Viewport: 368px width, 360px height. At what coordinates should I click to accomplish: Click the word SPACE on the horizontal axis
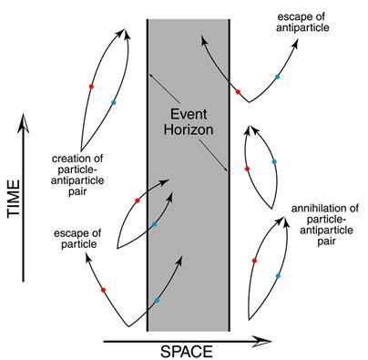click(188, 351)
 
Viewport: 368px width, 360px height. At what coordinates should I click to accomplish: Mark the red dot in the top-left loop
click(91, 86)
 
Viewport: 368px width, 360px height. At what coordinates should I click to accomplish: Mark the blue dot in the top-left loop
click(114, 102)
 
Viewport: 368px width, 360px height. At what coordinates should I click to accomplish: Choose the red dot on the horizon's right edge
click(238, 92)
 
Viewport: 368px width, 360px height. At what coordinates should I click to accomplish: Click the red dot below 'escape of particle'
click(103, 290)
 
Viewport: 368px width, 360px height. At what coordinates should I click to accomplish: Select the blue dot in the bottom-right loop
click(277, 274)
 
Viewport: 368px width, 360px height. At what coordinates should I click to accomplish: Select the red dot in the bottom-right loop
click(254, 261)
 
